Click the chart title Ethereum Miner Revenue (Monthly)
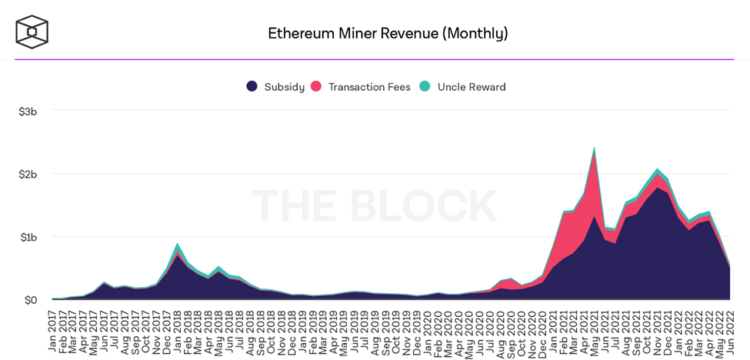pos(388,33)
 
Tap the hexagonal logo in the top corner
pos(32,32)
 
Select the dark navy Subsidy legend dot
pos(252,86)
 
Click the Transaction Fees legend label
pos(369,87)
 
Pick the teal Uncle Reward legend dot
pos(425,86)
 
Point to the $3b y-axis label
pos(28,112)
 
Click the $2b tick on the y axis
pos(28,175)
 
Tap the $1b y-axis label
pos(28,237)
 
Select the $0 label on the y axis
pos(31,300)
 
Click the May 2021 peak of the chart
pos(595,148)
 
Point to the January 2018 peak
pos(178,245)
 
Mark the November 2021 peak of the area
pos(658,169)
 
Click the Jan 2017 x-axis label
pos(52,332)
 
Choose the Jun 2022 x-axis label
pos(731,332)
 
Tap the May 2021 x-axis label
pos(595,332)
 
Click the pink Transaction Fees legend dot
pos(316,86)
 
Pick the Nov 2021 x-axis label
pos(658,332)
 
